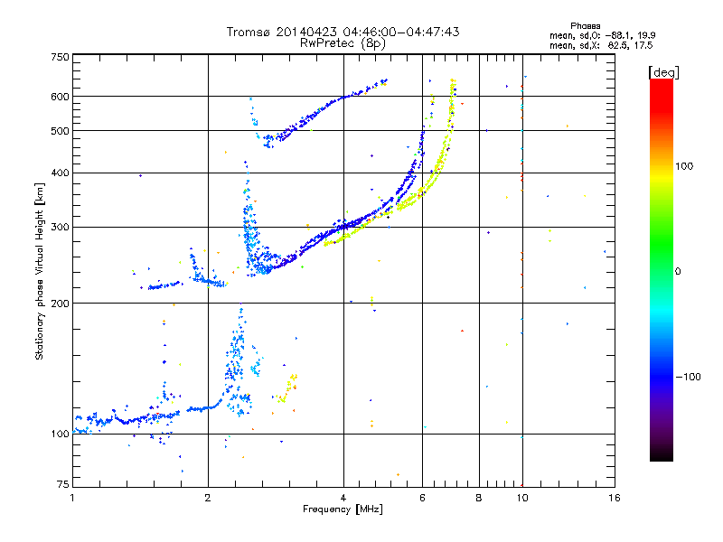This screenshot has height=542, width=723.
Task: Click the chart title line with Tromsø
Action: coord(343,32)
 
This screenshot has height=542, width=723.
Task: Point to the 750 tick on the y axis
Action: coord(61,57)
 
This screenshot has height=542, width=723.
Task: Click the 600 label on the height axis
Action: coord(61,97)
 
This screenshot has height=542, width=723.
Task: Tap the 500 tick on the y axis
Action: coord(61,131)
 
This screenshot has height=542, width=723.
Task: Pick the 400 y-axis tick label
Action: coord(61,173)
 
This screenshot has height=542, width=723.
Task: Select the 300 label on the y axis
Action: coord(61,227)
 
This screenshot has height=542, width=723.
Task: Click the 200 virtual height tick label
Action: coord(61,303)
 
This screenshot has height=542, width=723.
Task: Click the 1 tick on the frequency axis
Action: coord(72,498)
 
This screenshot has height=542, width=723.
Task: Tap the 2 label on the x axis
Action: coord(208,498)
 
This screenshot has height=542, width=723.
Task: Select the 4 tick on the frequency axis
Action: coord(343,498)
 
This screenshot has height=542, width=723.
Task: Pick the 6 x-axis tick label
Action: coord(423,498)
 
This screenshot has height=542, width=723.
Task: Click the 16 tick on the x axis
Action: coord(613,498)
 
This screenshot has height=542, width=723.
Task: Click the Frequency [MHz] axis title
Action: coord(343,509)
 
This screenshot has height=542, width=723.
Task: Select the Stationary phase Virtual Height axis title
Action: coord(40,272)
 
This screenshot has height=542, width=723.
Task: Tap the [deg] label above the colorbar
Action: coord(664,71)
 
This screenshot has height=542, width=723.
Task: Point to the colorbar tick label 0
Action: coord(678,271)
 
